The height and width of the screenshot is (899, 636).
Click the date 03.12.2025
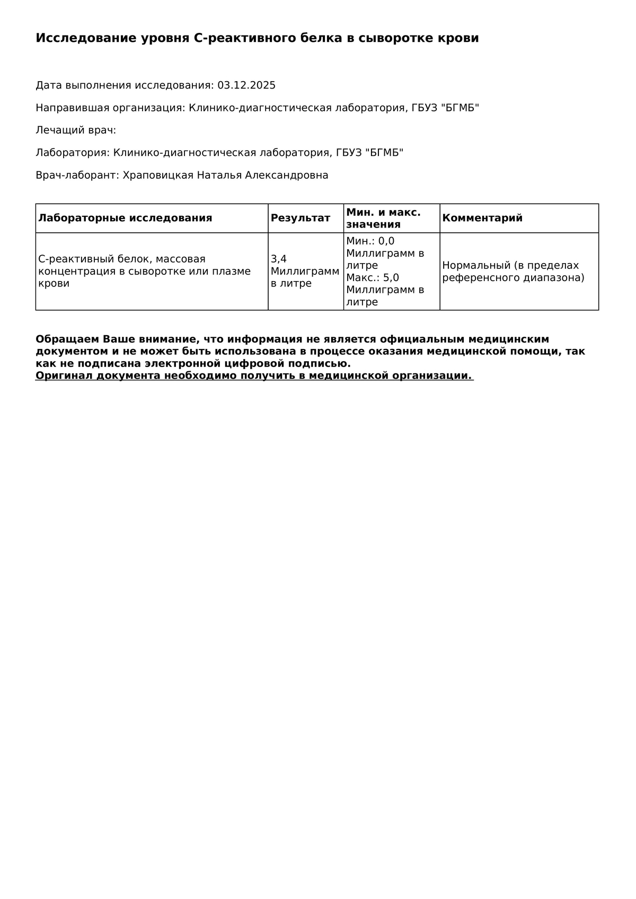246,85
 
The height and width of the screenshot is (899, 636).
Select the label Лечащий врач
76,130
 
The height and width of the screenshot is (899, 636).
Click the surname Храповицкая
158,175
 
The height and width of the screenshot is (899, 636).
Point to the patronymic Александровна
287,175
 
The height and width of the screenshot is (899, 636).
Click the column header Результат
301,218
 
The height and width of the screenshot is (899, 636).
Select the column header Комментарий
482,218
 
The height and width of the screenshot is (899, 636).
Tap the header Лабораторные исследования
125,218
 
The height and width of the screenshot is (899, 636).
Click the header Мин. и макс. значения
383,218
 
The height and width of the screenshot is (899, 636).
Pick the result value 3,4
279,259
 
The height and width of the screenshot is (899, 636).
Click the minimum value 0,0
386,241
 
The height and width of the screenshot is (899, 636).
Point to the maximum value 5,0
391,278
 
